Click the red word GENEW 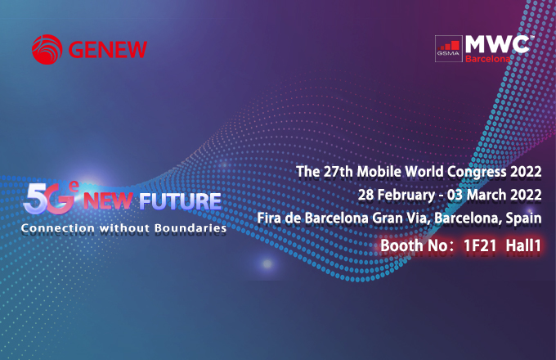coord(109,49)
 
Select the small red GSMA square coord(448,48)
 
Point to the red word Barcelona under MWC coord(488,59)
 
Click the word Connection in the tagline coord(56,228)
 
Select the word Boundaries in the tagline coord(191,228)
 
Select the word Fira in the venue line coord(271,218)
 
